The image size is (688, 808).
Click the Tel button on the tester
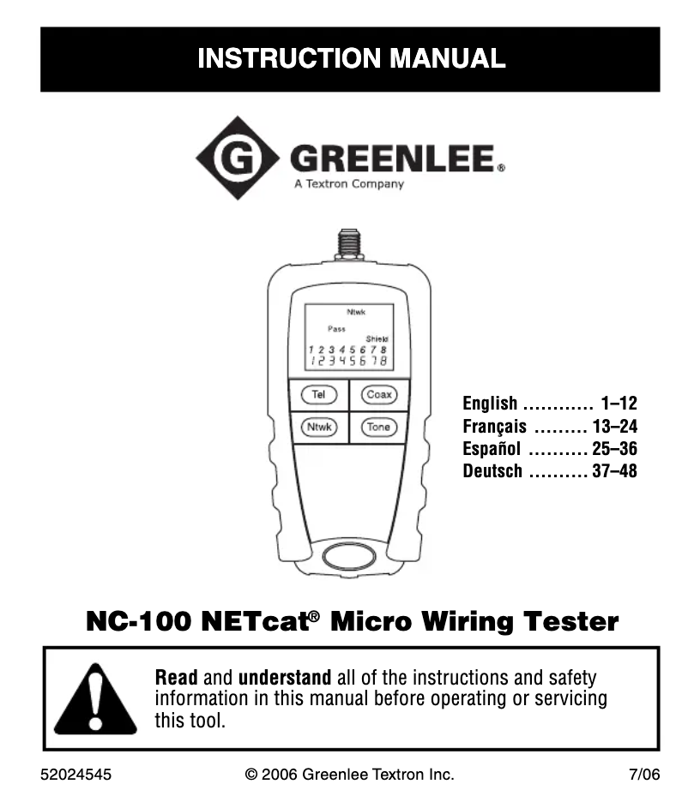coord(319,395)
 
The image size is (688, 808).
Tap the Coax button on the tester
coord(379,395)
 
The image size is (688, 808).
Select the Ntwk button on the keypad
coord(319,428)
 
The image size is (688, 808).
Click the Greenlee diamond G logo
coord(238,158)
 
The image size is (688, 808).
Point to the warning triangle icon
coord(95,699)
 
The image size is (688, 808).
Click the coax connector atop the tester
coord(349,245)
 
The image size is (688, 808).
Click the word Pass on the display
coord(336,329)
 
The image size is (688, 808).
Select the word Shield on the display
coord(377,339)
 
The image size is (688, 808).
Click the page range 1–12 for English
coord(619,403)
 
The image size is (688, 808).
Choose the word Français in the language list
coord(495,427)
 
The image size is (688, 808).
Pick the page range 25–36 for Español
coord(615,449)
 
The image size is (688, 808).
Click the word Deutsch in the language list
coord(492,471)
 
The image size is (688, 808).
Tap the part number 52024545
coord(75,775)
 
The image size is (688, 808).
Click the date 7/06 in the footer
coord(644,775)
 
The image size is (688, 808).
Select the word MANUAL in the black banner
coord(447,57)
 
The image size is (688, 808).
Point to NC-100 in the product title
coord(139,621)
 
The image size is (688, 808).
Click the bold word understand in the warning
coord(285,678)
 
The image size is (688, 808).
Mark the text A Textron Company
coord(349,184)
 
